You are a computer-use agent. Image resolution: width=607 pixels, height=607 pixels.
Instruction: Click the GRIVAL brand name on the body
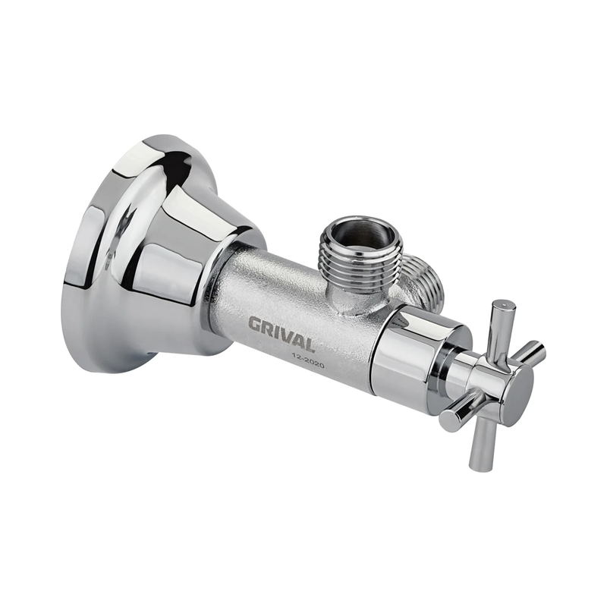point(281,334)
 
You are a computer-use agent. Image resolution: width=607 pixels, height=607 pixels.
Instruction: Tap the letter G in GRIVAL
point(254,324)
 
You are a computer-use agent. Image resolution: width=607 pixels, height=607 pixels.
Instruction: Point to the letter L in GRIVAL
point(308,344)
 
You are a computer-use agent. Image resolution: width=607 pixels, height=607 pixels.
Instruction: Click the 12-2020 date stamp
point(308,361)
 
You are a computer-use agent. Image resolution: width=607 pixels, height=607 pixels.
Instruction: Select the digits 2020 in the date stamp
point(313,363)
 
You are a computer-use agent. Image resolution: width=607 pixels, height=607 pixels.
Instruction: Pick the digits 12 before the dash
point(296,357)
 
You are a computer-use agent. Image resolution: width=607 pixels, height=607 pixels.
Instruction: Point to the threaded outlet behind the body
point(420,277)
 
